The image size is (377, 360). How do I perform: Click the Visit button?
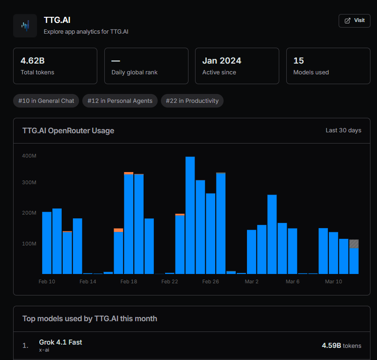pos(354,21)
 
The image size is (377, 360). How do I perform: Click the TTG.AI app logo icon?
pos(25,25)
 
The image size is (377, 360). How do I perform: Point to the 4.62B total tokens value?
pos(33,61)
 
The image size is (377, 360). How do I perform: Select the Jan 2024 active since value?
pos(222,61)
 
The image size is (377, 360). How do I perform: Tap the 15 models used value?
pos(298,61)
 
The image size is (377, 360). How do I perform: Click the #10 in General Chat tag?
pos(46,101)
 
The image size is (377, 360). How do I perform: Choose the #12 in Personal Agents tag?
pos(120,101)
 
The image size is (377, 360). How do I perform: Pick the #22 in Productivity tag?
pos(192,101)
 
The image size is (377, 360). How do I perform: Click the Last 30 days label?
pos(343,130)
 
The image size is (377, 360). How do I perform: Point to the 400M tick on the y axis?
pos(29,156)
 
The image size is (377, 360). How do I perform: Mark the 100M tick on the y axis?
pos(29,244)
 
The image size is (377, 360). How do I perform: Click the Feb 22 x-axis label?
pos(170,281)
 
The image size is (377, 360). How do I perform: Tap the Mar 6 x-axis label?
pos(292,281)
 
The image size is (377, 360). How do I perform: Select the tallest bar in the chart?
pos(190,215)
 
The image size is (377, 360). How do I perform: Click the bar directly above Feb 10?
pos(47,243)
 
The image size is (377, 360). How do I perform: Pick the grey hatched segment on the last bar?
pos(354,244)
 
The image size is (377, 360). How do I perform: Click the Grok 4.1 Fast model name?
pos(60,342)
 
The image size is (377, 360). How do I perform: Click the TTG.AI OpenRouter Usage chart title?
pos(68,130)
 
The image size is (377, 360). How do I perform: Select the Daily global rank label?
pos(134,72)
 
